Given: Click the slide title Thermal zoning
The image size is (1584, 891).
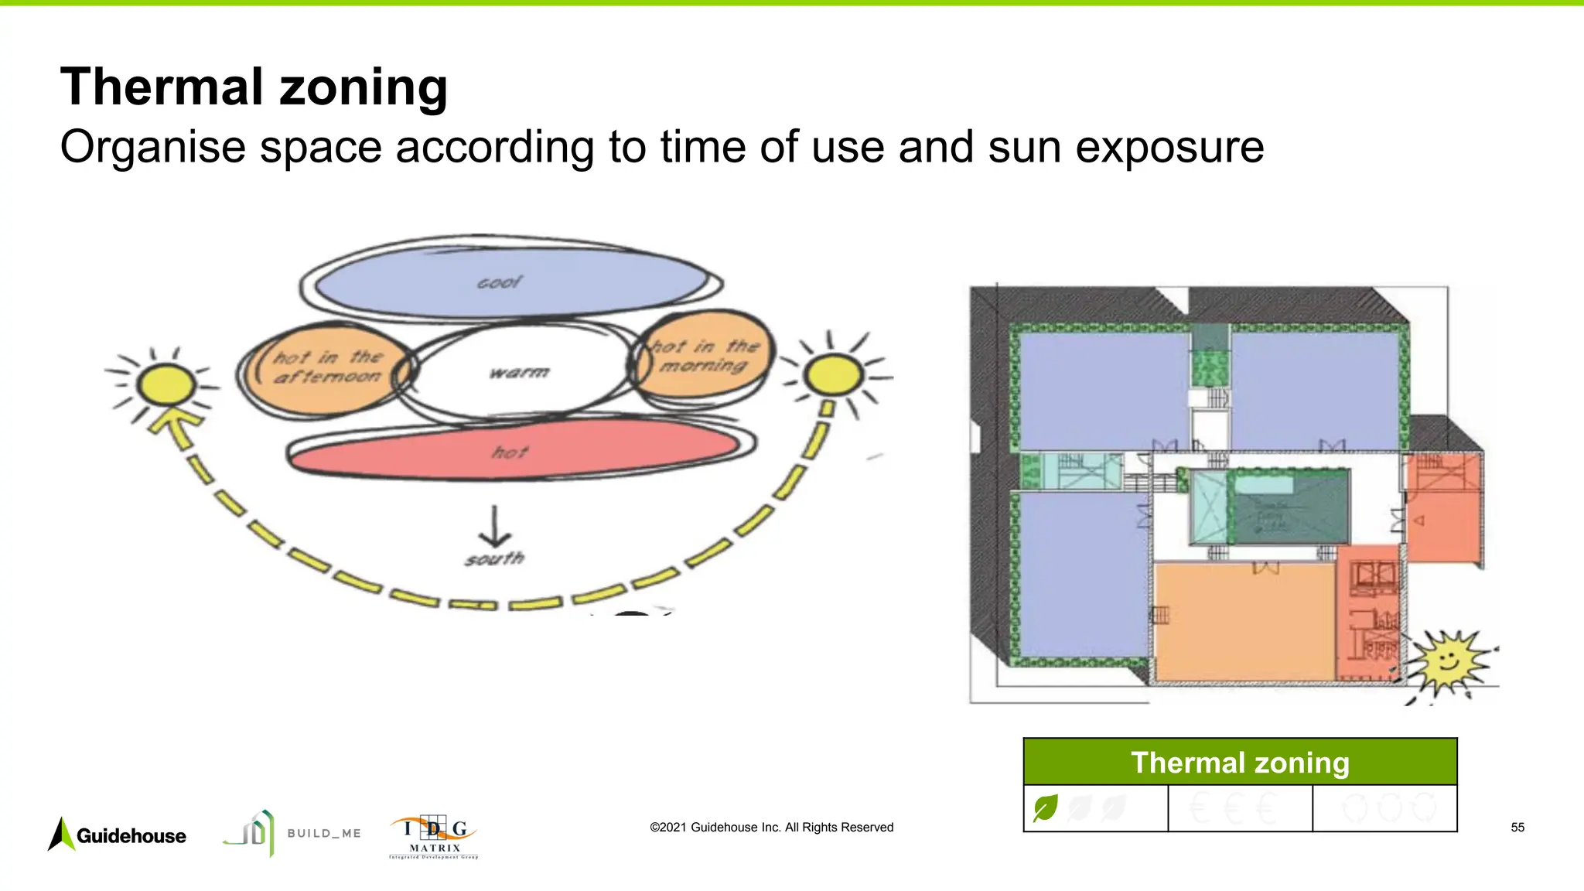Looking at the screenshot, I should [254, 87].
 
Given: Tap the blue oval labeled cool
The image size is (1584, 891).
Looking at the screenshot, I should [510, 282].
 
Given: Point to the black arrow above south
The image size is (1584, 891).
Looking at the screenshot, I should [494, 527].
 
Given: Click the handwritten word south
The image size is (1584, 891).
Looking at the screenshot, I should [495, 558].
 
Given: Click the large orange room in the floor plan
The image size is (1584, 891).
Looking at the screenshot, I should [1244, 623].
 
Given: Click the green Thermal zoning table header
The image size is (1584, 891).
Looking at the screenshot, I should [1240, 763].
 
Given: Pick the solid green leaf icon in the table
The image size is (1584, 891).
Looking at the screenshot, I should [1045, 808].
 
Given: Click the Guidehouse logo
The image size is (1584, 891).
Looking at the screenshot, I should [118, 835].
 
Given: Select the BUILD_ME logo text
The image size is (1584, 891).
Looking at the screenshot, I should [324, 833].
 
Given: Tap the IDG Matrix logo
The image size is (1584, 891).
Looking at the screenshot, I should [434, 836].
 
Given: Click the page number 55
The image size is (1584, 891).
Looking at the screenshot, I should [1517, 828].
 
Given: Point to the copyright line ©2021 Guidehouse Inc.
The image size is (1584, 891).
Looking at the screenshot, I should [771, 828].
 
